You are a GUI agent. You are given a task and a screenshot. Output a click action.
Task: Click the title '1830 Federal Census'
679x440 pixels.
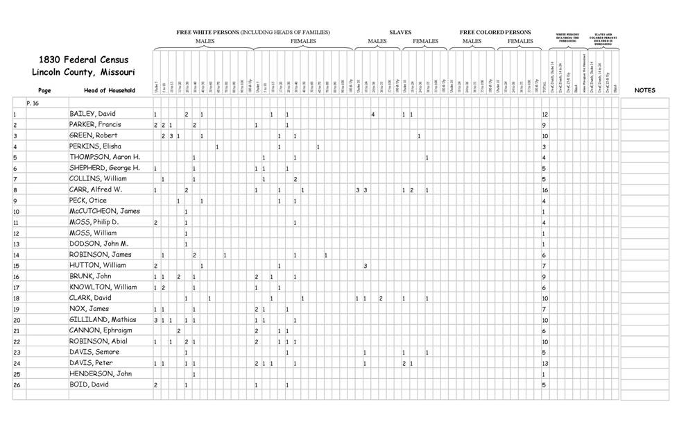click(83, 60)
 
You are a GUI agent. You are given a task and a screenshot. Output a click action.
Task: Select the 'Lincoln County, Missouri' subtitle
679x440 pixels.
click(83, 72)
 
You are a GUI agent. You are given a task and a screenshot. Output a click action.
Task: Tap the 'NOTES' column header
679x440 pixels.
click(645, 90)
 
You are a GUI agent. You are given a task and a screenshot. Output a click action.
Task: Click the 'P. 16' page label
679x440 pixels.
click(33, 102)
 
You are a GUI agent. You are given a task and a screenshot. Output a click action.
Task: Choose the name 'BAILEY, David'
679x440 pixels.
click(92, 114)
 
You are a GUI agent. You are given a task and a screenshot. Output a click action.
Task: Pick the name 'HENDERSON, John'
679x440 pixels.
click(100, 374)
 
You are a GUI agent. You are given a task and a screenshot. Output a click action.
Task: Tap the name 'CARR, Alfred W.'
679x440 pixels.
click(96, 189)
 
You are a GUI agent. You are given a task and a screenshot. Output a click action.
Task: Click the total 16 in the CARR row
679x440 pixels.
click(545, 189)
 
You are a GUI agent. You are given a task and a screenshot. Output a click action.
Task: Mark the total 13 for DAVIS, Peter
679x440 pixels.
click(545, 363)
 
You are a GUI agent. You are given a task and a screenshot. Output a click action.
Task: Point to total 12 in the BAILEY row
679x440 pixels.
click(545, 114)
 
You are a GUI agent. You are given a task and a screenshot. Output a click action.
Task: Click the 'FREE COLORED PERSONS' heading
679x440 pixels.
click(495, 32)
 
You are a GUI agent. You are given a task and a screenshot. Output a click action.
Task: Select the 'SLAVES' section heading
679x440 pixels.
click(400, 32)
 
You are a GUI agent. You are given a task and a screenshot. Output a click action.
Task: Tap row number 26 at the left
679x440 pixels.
click(16, 384)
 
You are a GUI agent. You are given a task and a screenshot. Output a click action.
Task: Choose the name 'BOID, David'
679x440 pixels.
click(89, 384)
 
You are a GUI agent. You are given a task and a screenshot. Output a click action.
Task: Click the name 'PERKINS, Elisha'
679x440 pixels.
click(95, 146)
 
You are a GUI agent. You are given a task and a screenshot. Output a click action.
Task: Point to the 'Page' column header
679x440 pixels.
click(44, 90)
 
